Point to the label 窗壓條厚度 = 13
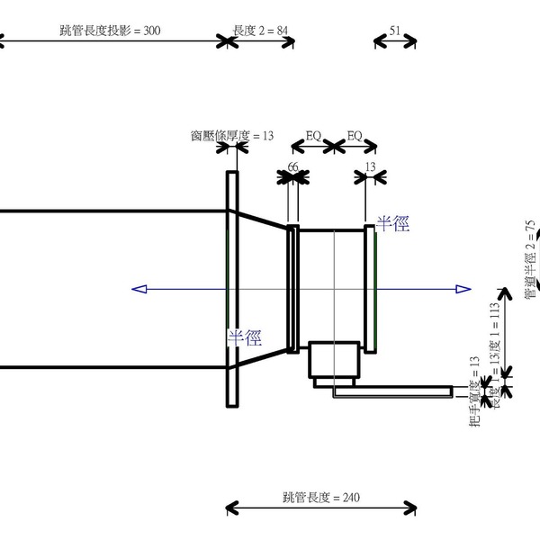[231, 136]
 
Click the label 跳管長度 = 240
[319, 498]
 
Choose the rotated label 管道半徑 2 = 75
[531, 256]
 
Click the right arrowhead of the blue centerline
[463, 289]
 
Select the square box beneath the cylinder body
[334, 359]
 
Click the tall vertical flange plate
[232, 289]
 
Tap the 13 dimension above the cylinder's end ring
[370, 167]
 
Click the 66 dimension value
[292, 167]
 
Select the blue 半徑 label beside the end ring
[392, 223]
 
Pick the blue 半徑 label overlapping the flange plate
[243, 338]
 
